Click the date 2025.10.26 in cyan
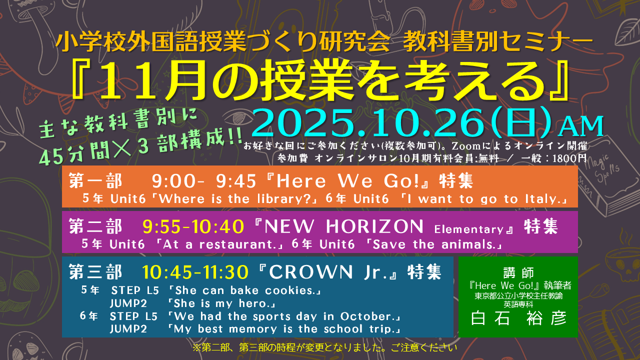point(368,123)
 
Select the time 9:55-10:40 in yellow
point(193,226)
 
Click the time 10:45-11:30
point(195,271)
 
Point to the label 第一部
point(95,181)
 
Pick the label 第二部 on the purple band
point(95,226)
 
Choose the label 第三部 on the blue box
point(95,271)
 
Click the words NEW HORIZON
point(344,226)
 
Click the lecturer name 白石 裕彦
point(518,318)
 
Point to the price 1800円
point(569,158)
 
